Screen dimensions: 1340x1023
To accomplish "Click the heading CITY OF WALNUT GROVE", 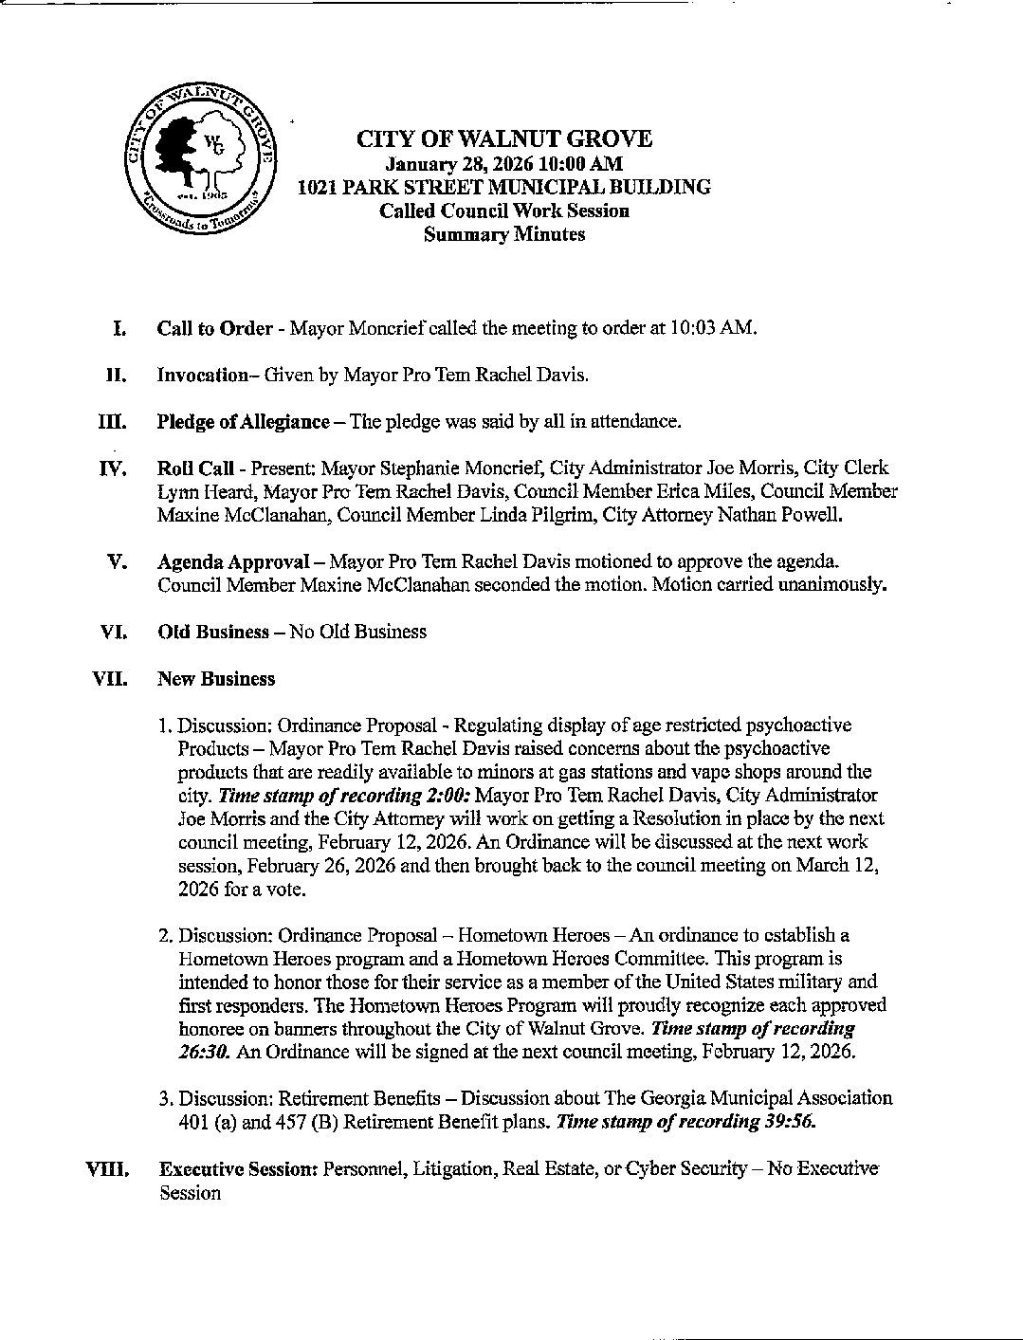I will pos(503,139).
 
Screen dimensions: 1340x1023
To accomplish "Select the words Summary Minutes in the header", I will pos(503,234).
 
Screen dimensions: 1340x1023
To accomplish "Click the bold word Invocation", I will pos(202,375).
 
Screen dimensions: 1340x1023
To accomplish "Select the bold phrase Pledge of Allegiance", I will pos(243,421).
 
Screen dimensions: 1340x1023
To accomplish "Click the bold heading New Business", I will pos(216,679).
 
